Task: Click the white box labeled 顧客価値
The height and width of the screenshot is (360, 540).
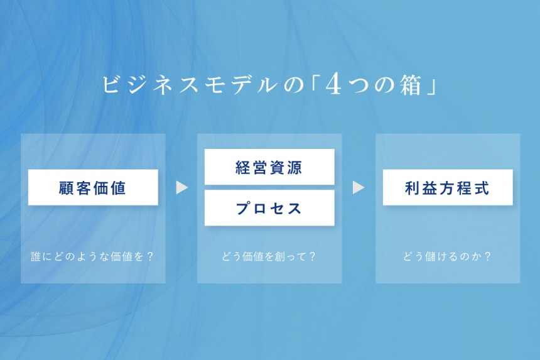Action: click(93, 187)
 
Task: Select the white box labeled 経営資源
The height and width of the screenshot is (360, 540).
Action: click(269, 167)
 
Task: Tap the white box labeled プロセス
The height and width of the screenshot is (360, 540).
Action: click(269, 208)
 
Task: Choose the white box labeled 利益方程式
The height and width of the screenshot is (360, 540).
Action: click(447, 187)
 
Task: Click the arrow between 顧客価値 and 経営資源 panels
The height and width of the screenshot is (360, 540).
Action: click(181, 187)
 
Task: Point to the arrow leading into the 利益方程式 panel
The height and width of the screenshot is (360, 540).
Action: click(359, 187)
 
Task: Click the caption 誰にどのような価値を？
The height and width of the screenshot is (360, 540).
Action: click(93, 257)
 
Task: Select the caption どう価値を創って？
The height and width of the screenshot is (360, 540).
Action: click(269, 257)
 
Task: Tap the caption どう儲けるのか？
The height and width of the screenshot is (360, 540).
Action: click(447, 257)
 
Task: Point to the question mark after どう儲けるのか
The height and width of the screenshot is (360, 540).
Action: click(487, 257)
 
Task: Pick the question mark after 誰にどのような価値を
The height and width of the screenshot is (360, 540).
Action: click(149, 257)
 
